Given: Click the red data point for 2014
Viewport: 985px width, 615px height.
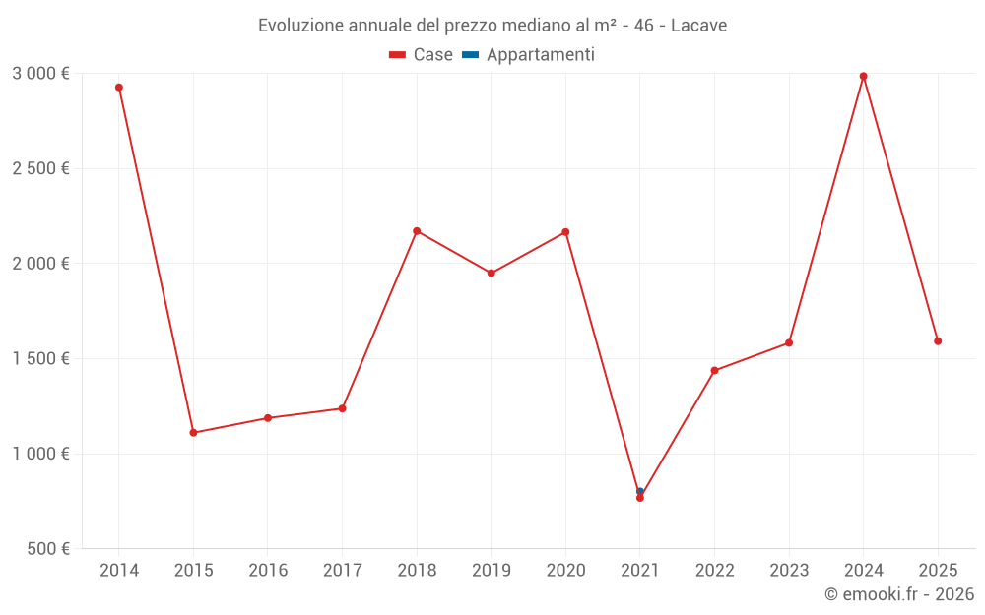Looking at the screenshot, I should (119, 88).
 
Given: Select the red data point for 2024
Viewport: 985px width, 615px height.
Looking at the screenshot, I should (864, 76).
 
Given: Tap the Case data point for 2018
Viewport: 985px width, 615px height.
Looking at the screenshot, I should (417, 231).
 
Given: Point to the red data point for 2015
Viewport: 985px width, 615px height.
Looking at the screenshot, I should (193, 433).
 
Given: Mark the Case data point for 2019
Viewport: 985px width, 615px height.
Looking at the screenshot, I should (492, 274).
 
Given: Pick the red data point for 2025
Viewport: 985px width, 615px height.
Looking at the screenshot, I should (938, 341).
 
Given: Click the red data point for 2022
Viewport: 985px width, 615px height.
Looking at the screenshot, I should (714, 371).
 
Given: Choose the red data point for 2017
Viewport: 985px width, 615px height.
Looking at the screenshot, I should (342, 408).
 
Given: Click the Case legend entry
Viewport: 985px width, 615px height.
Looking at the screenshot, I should (422, 55).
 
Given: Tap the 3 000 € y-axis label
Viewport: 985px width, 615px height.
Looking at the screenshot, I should (40, 74).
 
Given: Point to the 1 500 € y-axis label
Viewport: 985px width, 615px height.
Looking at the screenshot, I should (40, 359).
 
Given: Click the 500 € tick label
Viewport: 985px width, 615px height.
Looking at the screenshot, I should (49, 549).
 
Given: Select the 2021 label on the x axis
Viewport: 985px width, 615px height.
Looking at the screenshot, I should (640, 571).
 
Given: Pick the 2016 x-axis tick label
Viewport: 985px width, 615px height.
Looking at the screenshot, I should (268, 571).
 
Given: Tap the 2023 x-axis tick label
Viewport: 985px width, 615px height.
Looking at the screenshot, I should (789, 571).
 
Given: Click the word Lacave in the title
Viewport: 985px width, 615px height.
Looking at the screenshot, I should (698, 26).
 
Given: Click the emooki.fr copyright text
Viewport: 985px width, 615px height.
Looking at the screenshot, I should (899, 594).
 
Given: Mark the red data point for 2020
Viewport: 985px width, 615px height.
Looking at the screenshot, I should (565, 232).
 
